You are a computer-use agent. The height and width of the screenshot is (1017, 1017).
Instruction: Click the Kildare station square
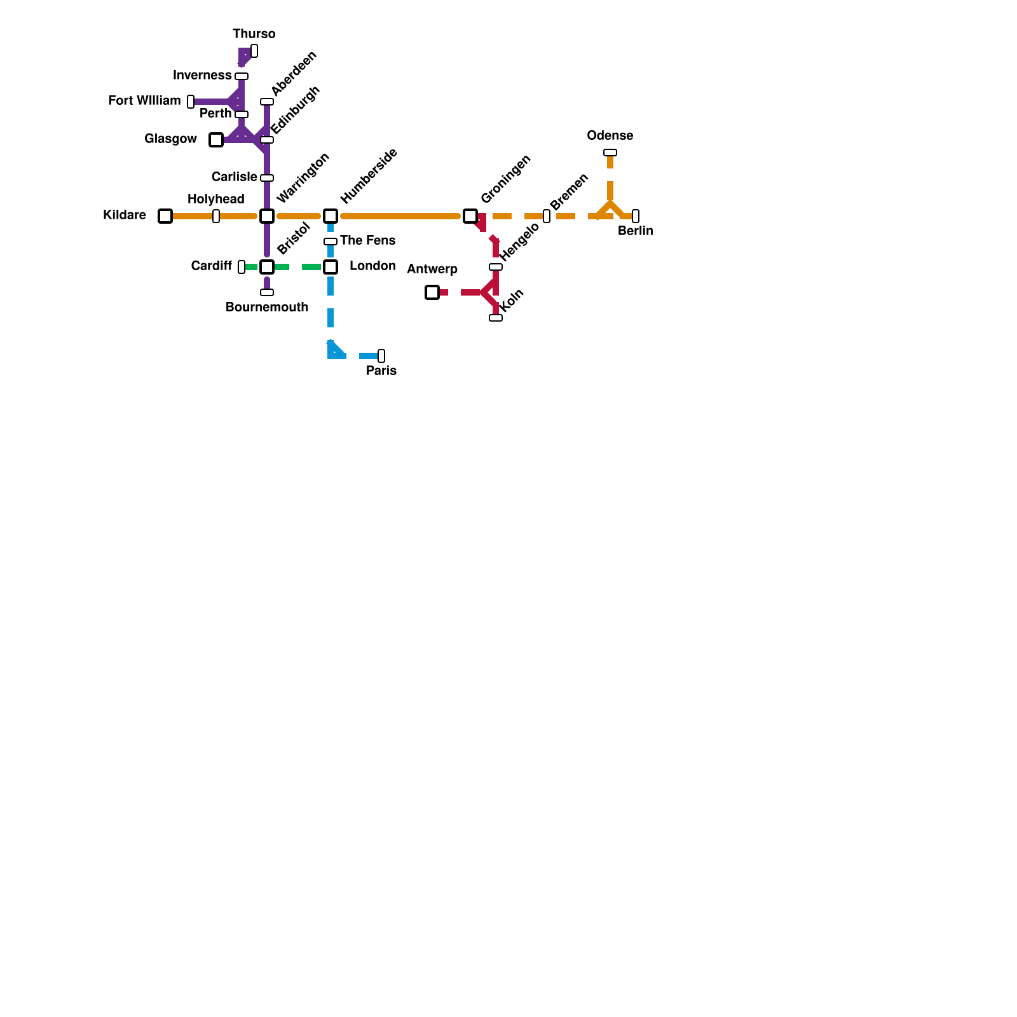point(165,216)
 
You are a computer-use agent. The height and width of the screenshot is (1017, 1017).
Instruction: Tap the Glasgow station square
point(216,140)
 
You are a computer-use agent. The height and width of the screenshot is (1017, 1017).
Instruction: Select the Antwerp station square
point(432,292)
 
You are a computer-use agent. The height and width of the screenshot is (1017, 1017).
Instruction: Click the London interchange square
point(331,267)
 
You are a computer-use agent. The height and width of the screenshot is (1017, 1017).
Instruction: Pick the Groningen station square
point(470,216)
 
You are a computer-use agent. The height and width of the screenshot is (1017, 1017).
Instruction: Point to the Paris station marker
point(381,356)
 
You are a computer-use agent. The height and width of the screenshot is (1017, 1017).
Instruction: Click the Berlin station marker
point(636,216)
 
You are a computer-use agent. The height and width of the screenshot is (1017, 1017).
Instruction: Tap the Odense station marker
point(610,153)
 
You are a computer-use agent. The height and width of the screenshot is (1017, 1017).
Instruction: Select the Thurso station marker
point(254,51)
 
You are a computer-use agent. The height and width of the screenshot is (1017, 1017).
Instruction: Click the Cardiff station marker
point(242,267)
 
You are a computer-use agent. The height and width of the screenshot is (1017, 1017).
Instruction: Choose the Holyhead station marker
point(216,216)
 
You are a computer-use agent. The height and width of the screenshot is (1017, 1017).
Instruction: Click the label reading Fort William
point(144,100)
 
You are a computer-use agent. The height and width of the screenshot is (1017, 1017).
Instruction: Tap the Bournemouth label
point(267,307)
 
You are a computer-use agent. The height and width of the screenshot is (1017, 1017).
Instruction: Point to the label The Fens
point(367,240)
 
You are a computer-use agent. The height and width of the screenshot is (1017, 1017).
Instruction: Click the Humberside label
point(369,176)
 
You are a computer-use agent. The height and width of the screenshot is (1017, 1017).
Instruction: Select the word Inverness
point(202,75)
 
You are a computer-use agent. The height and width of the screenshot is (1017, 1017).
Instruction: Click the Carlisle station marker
point(267,178)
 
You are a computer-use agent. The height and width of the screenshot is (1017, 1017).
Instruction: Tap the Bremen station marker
point(547,216)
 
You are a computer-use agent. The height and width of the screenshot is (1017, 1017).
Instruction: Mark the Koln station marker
point(496,318)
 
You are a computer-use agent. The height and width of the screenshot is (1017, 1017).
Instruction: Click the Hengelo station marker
point(496,267)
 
